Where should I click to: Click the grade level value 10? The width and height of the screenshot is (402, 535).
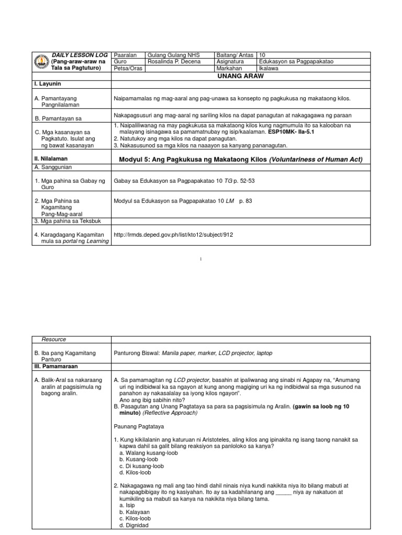coord(262,55)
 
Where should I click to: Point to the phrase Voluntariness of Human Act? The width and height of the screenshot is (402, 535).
coord(316,159)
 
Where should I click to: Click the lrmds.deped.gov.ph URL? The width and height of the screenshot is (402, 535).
coord(173,235)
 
